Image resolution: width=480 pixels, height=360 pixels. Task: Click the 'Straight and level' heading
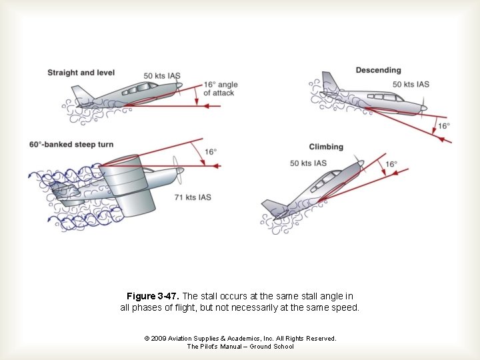pyautogui.click(x=81, y=73)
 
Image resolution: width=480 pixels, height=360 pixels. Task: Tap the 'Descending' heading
pyautogui.click(x=378, y=70)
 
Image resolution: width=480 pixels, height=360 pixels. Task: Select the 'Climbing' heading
pyautogui.click(x=326, y=147)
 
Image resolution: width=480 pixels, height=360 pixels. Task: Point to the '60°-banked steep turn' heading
pyautogui.click(x=72, y=144)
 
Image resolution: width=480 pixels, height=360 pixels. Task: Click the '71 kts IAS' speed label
pyautogui.click(x=193, y=197)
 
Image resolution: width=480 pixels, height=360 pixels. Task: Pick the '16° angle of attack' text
pyautogui.click(x=220, y=89)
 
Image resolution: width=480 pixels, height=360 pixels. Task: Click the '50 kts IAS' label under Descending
pyautogui.click(x=411, y=84)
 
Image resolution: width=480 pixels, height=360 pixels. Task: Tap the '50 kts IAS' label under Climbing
pyautogui.click(x=309, y=163)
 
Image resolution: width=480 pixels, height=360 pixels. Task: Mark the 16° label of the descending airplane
pyautogui.click(x=443, y=126)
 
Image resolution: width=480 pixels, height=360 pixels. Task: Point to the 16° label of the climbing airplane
pyautogui.click(x=391, y=164)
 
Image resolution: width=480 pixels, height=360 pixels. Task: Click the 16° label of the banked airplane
pyautogui.click(x=210, y=152)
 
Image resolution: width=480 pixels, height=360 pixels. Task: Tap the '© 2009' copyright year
pyautogui.click(x=157, y=339)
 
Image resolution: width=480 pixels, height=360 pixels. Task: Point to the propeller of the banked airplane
pyautogui.click(x=177, y=169)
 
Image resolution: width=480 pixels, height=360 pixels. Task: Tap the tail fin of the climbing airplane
pyautogui.click(x=273, y=207)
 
